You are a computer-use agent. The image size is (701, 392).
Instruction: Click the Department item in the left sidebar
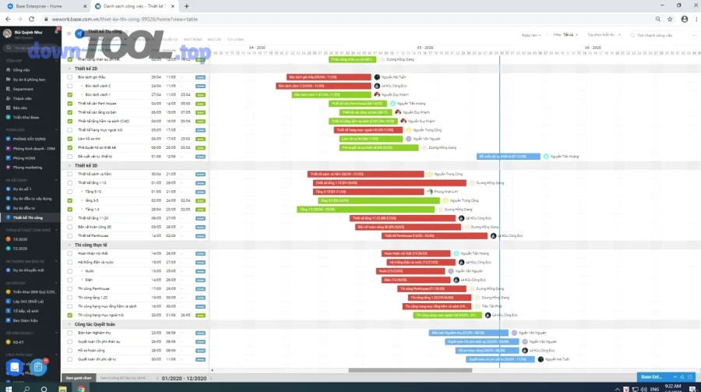pyautogui.click(x=23, y=89)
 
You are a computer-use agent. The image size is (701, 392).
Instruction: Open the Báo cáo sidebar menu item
pyautogui.click(x=20, y=108)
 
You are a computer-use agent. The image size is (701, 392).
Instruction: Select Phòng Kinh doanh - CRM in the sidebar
pyautogui.click(x=34, y=148)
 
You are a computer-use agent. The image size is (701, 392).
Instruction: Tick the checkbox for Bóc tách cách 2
pyautogui.click(x=70, y=86)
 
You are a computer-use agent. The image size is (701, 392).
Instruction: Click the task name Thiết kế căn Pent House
pyautogui.click(x=97, y=103)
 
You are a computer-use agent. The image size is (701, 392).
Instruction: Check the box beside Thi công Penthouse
pyautogui.click(x=70, y=288)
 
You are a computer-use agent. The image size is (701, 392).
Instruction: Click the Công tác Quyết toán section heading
pyautogui.click(x=94, y=323)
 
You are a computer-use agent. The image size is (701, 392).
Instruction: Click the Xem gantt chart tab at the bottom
pyautogui.click(x=78, y=377)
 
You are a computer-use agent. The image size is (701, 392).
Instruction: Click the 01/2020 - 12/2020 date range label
pyautogui.click(x=184, y=378)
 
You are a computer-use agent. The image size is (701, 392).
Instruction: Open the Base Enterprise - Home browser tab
pyautogui.click(x=47, y=5)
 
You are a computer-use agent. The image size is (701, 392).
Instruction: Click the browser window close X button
pyautogui.click(x=692, y=5)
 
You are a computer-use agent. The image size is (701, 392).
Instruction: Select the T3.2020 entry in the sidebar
pyautogui.click(x=20, y=239)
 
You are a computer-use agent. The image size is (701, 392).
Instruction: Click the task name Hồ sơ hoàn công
pyautogui.click(x=92, y=350)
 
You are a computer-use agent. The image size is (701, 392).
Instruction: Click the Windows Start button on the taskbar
pyautogui.click(x=5, y=387)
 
